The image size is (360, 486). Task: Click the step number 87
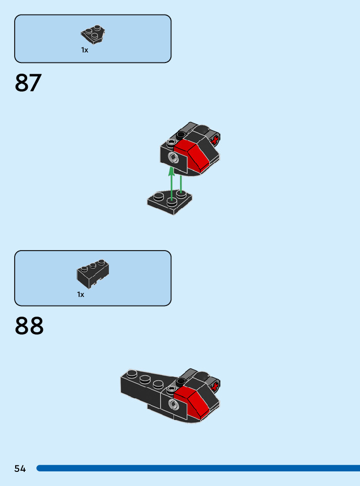tap(28, 83)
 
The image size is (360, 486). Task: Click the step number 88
tap(29, 326)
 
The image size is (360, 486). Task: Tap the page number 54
tap(20, 469)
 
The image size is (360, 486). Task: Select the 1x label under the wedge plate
tap(85, 50)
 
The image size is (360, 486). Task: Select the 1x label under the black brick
tap(81, 294)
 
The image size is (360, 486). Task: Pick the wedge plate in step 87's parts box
tap(93, 34)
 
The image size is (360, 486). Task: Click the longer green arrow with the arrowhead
tap(171, 184)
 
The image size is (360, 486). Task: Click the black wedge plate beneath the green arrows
tap(170, 203)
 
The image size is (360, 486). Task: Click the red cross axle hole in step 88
tap(215, 387)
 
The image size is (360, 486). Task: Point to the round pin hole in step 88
tap(174, 404)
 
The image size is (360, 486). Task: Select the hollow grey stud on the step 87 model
tap(172, 143)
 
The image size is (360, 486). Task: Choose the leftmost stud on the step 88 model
tap(132, 374)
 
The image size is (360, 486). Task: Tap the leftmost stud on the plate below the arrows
tap(158, 196)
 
